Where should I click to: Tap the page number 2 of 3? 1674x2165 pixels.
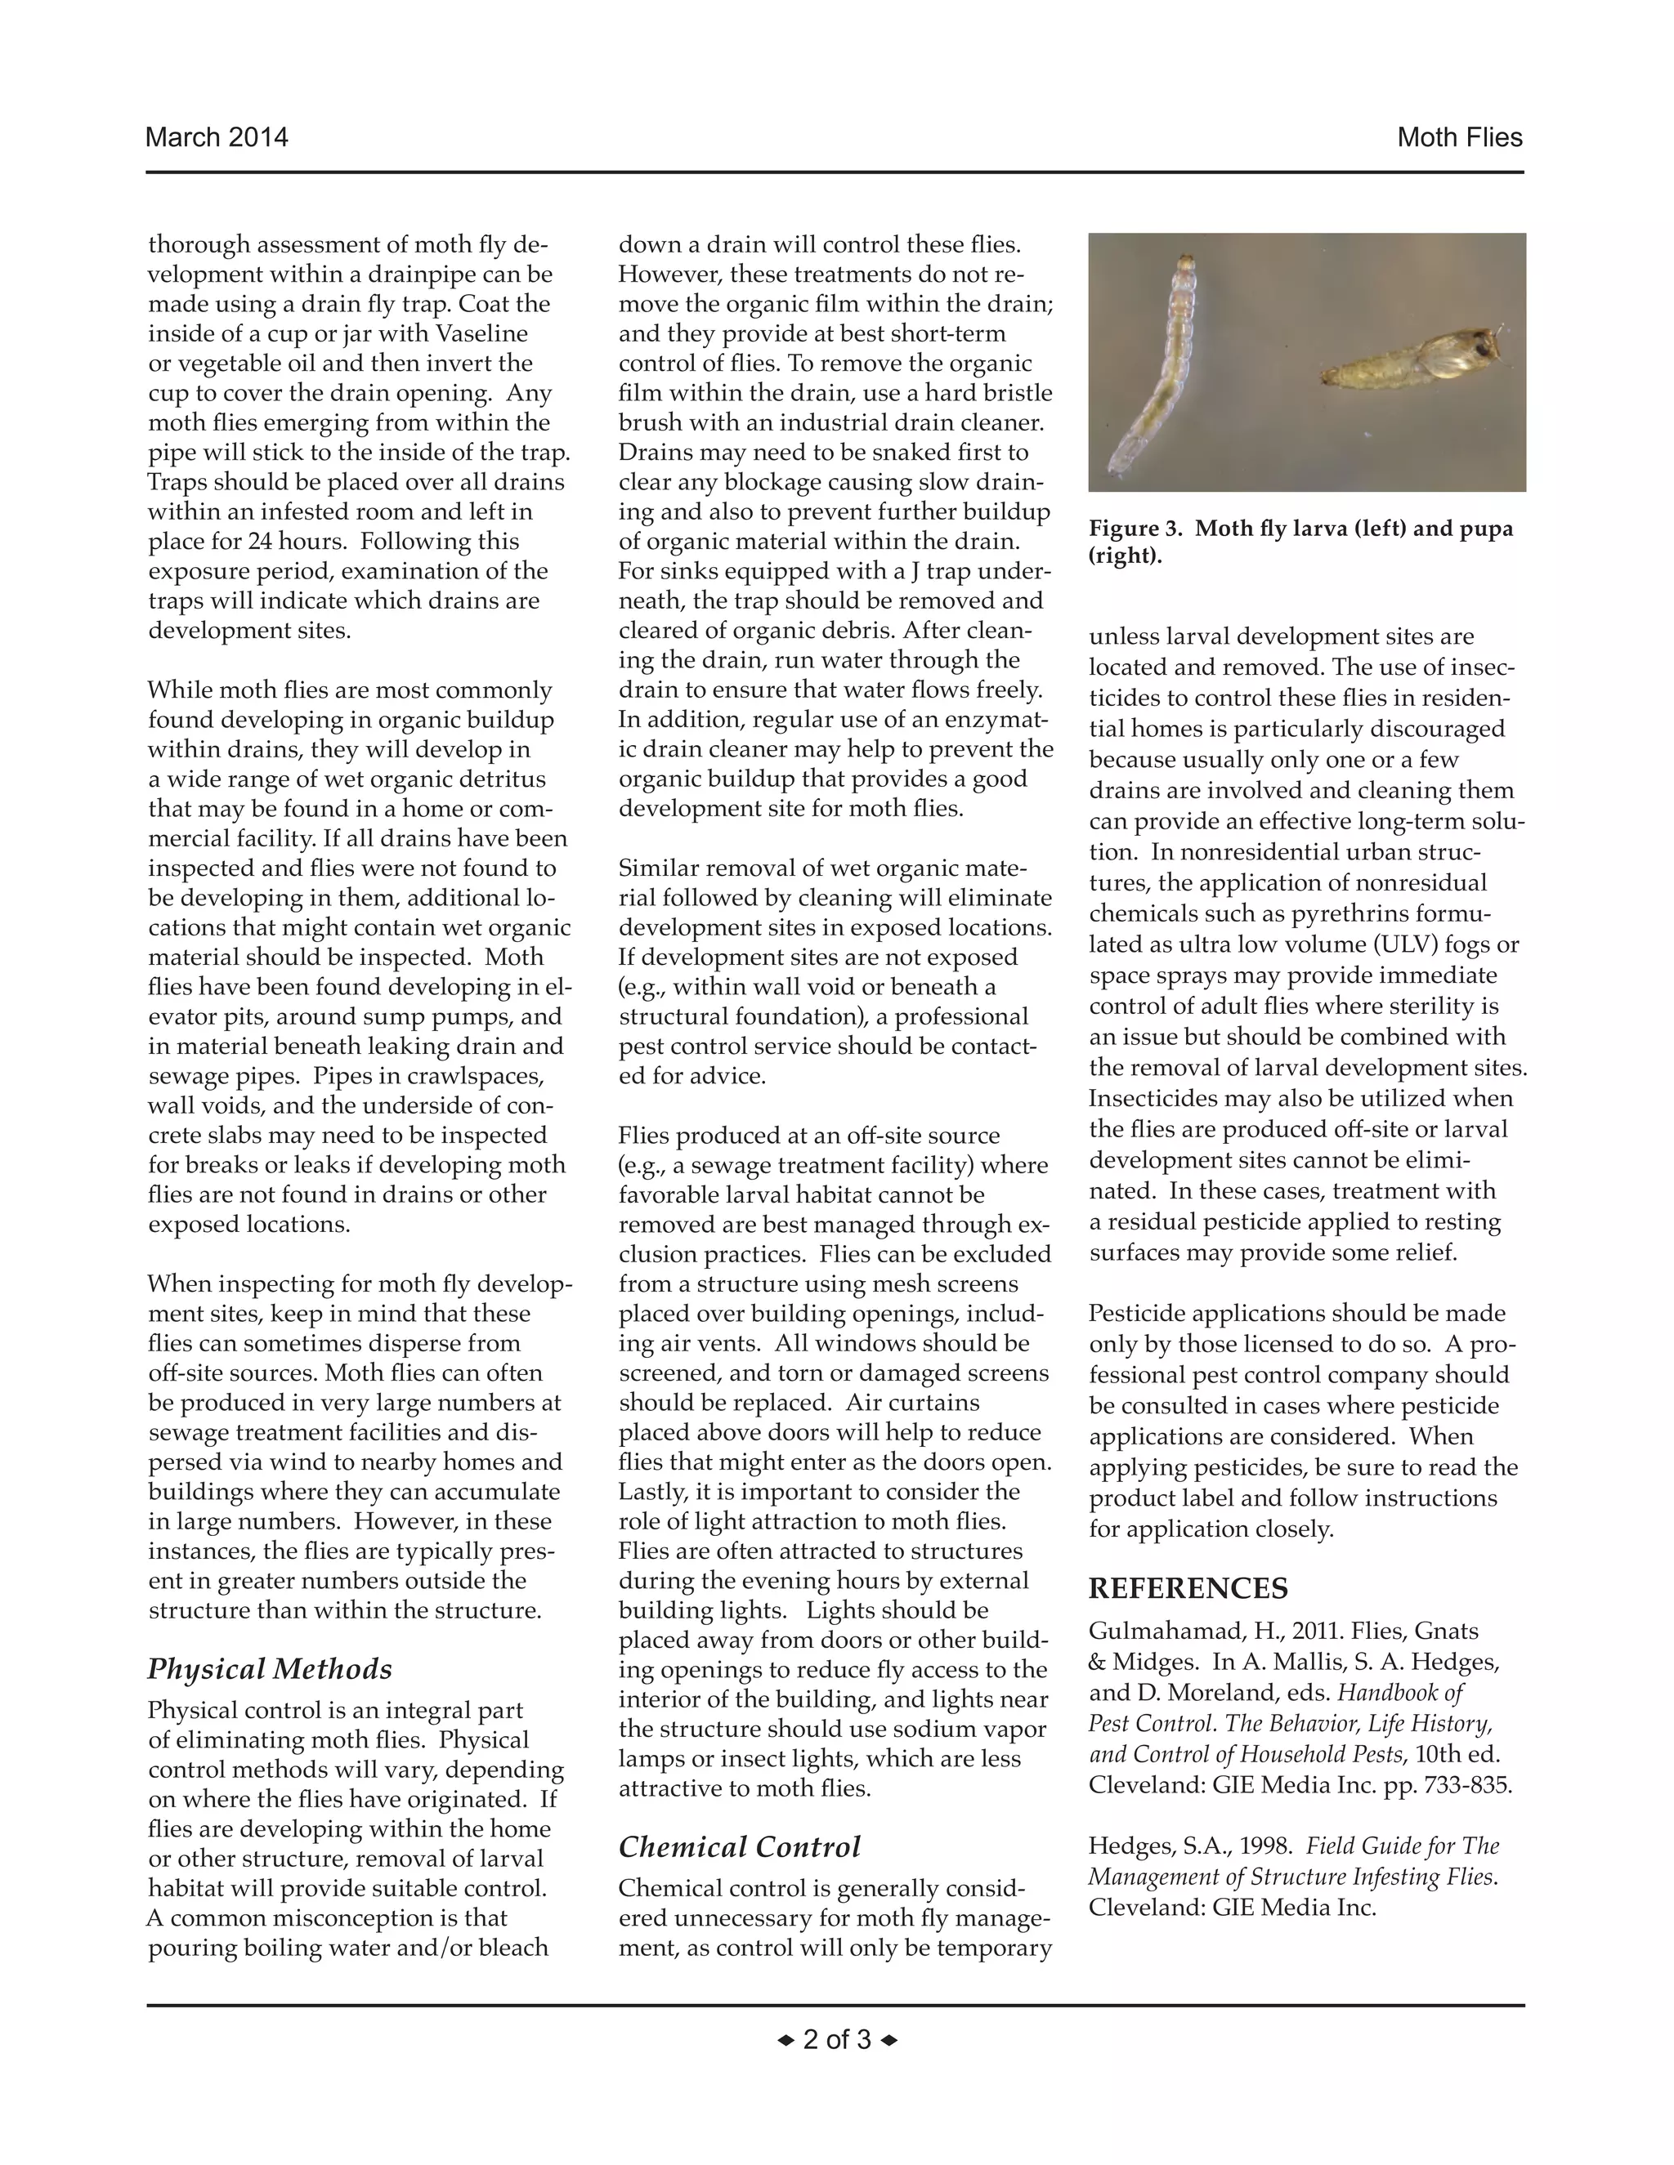tap(836, 2039)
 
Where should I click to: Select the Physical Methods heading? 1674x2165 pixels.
tap(270, 1669)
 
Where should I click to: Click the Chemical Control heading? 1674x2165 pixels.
tap(739, 1847)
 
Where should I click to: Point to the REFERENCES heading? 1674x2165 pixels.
tap(1188, 1588)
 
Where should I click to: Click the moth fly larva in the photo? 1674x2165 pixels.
tap(1161, 367)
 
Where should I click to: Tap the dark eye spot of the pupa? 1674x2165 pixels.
tap(1483, 347)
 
